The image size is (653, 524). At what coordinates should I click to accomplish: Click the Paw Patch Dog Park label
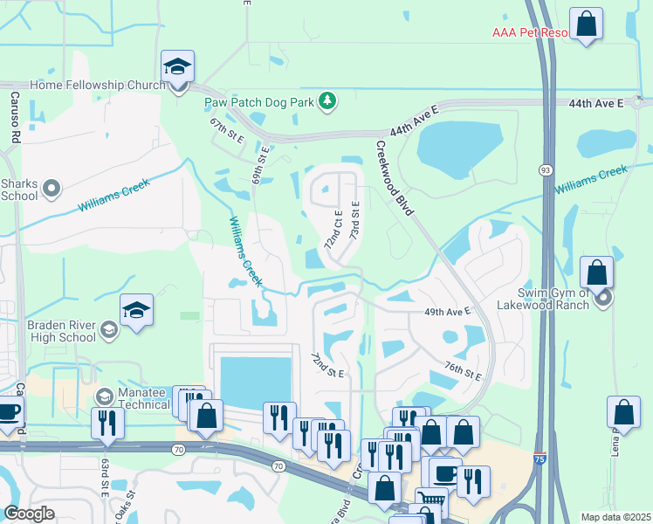pos(259,102)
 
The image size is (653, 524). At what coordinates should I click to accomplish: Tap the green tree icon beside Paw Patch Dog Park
pos(327,102)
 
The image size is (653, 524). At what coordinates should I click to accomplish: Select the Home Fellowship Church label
pos(97,86)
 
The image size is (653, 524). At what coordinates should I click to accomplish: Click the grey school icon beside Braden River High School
pos(109,329)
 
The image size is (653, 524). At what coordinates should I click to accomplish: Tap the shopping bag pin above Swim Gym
pos(597,273)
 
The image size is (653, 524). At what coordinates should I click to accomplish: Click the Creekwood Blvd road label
pos(395,174)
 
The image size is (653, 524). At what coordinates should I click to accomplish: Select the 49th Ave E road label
pos(448,311)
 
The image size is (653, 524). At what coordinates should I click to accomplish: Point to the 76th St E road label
pos(463,371)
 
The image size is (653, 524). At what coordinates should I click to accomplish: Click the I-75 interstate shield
pos(541,457)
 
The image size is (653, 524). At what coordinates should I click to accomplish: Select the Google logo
pos(29,514)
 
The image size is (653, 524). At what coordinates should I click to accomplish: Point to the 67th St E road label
pos(225,133)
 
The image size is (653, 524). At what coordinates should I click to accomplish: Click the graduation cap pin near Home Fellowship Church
pos(178,67)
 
